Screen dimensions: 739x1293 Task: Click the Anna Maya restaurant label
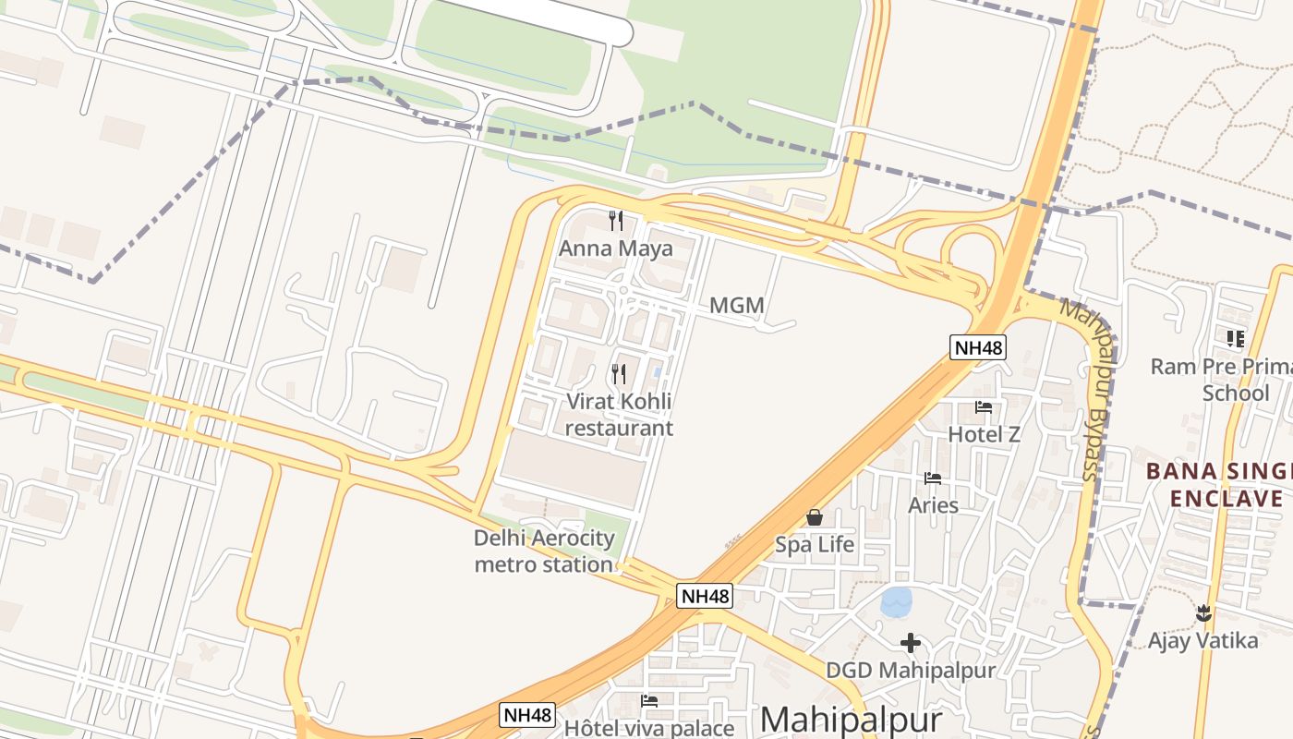coord(616,248)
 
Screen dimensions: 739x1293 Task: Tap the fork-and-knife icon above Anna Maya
coord(616,220)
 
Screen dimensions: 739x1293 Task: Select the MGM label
coord(736,305)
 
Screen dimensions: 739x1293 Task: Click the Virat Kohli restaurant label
coord(619,415)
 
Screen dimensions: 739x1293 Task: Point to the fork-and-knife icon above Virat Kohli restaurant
coord(619,373)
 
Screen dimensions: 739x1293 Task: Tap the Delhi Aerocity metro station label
coord(544,551)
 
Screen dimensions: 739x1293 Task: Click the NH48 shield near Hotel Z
coord(978,347)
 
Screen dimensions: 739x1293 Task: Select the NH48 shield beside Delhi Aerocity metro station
coord(706,596)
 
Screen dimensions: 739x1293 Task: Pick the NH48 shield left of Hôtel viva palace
coord(528,714)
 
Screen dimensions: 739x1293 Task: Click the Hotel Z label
coord(985,433)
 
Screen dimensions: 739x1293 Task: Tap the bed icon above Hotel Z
coord(984,406)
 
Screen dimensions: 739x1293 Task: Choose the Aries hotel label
coord(933,505)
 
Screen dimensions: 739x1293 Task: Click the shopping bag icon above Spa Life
coord(815,517)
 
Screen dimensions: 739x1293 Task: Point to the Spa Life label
coord(815,545)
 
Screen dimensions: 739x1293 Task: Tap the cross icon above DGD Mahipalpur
coord(911,642)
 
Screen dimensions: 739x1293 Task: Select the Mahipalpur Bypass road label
coord(1088,388)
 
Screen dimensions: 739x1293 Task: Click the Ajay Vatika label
coord(1202,640)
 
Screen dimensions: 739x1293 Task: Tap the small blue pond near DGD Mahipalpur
coord(896,602)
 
